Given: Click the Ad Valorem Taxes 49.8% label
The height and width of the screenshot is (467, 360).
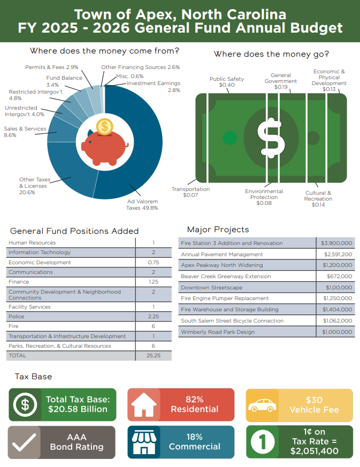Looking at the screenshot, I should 142,204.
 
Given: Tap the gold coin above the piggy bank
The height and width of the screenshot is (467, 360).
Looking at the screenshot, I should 105,127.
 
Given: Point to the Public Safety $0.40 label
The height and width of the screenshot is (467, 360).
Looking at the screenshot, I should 227,82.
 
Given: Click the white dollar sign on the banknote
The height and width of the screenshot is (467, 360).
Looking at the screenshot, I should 271,138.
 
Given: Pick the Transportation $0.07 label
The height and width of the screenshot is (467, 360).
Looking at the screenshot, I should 190,192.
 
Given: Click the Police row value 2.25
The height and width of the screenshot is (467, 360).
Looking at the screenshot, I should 153,316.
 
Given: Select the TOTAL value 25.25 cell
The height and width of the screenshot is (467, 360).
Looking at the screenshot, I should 153,355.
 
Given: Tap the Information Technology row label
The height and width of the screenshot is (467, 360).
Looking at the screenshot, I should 40,252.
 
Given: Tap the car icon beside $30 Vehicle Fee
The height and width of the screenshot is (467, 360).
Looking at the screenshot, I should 262,405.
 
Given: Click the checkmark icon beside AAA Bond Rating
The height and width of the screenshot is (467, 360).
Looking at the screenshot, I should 24,442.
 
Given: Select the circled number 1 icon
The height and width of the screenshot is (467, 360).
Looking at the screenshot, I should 262,442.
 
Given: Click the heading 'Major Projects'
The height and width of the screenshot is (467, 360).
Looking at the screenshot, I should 218,229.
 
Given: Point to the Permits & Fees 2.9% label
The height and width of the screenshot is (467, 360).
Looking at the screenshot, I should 52,67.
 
